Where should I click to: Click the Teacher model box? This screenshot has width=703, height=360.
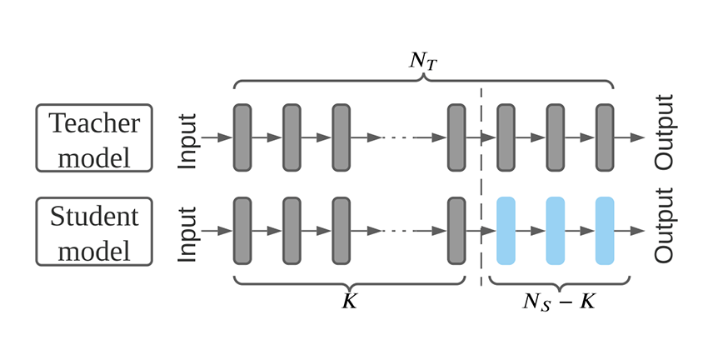[94, 138]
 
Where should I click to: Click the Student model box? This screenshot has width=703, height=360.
[94, 232]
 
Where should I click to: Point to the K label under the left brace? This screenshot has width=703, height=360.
[349, 301]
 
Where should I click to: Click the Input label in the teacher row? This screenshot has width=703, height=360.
[189, 138]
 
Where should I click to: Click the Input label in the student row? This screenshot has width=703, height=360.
[189, 232]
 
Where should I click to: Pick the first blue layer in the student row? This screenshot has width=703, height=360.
[506, 231]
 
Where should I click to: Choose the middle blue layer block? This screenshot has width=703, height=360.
[555, 231]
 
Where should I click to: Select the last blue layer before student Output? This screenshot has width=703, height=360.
[605, 231]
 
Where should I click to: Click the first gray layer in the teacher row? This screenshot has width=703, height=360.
[242, 137]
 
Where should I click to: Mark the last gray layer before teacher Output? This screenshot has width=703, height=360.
[605, 137]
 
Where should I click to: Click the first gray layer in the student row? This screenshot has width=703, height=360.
[242, 231]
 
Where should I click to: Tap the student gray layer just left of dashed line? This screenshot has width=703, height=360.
[456, 231]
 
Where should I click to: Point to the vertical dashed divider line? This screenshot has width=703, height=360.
[481, 183]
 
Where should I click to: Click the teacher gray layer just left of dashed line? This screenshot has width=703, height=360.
[456, 137]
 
